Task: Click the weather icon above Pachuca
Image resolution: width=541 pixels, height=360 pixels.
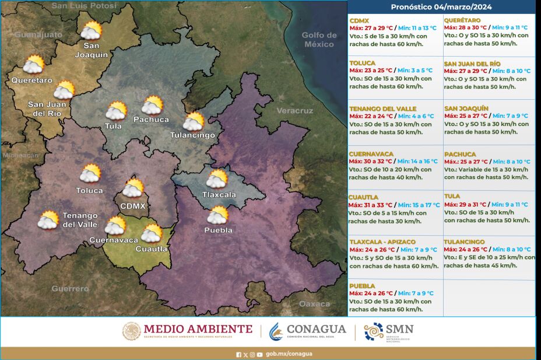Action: (152, 105)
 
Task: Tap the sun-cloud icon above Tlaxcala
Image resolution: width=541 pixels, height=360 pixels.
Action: (217, 179)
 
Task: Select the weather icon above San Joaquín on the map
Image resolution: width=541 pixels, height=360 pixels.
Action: (91, 30)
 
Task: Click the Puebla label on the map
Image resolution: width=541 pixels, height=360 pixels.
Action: (218, 230)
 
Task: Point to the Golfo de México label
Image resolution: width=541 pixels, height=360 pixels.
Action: (319, 40)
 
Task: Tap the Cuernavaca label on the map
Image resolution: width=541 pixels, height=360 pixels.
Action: (114, 240)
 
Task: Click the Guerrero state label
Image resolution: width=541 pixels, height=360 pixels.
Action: (70, 288)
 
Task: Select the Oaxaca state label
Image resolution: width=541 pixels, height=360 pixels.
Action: (314, 304)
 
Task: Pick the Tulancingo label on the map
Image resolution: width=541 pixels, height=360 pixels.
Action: (192, 135)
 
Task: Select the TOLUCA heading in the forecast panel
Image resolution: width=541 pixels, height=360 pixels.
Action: (362, 63)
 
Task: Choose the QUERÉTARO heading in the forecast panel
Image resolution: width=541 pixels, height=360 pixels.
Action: (463, 20)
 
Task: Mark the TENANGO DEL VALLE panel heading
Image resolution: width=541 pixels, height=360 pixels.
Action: (382, 109)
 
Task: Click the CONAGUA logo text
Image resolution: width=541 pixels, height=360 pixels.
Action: (316, 330)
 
